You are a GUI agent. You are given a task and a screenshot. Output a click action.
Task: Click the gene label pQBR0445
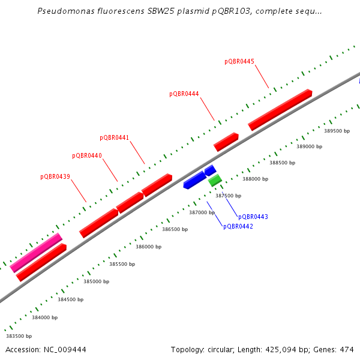(239, 61)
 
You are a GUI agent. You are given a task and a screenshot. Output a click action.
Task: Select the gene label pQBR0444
(184, 94)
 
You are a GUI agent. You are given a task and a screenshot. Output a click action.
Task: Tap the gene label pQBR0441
(114, 137)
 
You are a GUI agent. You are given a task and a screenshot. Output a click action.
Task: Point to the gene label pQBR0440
(87, 155)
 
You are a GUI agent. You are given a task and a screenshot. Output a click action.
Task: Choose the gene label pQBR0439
(55, 176)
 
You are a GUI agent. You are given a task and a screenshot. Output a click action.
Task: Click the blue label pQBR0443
(253, 217)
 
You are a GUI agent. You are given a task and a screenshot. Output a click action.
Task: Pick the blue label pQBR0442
(238, 226)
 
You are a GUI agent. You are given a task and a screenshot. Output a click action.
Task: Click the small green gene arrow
(215, 179)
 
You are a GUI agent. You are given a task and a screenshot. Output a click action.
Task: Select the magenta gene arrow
(36, 253)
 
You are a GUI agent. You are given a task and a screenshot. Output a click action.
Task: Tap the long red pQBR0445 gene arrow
(280, 109)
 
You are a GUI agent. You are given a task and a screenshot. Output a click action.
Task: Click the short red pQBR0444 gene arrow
(226, 142)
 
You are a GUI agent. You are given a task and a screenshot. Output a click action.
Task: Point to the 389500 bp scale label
(337, 130)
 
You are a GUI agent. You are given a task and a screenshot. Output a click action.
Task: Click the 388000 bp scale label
(255, 179)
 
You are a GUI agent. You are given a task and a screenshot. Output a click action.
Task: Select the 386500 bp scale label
(175, 229)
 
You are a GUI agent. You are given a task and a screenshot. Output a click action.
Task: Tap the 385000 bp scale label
(96, 281)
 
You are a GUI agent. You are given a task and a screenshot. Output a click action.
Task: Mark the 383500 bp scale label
(19, 336)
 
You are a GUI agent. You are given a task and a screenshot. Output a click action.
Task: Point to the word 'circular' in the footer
(224, 349)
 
